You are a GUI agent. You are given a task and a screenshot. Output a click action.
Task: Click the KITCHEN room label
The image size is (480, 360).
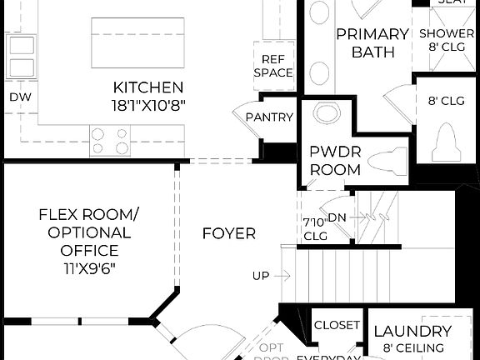point(148,87)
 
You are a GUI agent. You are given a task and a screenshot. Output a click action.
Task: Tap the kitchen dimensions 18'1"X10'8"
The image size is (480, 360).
point(148,105)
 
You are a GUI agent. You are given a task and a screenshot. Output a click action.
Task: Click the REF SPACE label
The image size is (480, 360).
point(277,66)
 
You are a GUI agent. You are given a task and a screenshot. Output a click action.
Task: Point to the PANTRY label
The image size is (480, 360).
point(269,117)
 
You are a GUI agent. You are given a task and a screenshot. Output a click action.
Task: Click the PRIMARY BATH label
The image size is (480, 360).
point(372,43)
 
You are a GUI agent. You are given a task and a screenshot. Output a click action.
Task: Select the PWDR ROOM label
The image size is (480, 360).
point(335,161)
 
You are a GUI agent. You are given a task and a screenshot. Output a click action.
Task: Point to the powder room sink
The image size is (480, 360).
point(326,114)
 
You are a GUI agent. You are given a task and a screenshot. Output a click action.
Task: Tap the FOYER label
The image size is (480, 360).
point(229,234)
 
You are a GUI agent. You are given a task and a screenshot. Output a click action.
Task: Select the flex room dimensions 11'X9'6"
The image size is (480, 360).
point(88,268)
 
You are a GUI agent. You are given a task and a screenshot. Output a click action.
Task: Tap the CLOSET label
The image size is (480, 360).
point(337,325)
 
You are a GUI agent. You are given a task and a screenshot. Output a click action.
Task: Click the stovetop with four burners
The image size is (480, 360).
point(111,140)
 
